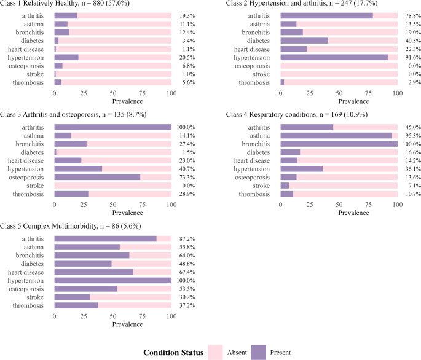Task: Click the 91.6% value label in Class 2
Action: coord(413,58)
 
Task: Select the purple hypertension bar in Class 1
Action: coord(66,58)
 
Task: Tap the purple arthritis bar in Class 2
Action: coord(327,16)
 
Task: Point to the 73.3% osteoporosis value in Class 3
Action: coord(187,178)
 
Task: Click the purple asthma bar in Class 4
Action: coord(336,136)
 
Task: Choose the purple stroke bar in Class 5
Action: coord(73,297)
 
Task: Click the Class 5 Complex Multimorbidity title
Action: coord(71,226)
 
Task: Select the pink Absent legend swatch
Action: coord(215,353)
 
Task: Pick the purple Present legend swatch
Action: coord(259,353)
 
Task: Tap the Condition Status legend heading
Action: coord(173,353)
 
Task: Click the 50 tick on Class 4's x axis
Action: coord(339,205)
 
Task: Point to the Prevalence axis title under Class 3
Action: coord(128,213)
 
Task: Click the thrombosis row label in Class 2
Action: coord(254,82)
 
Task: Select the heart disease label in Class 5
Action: coord(26,272)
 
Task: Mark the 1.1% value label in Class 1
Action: coord(189,49)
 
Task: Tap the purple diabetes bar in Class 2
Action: coord(304,41)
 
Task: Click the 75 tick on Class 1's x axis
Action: coord(142,93)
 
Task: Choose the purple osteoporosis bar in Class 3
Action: coord(97,178)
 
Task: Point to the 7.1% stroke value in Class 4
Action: coord(415,186)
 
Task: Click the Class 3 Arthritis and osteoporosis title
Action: coord(73,115)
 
